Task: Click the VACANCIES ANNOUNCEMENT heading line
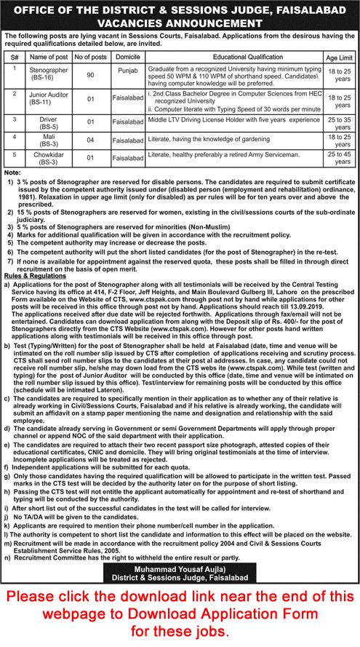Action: point(180,23)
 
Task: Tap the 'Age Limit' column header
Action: point(339,56)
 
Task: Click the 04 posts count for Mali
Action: point(91,140)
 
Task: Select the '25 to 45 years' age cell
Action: point(339,158)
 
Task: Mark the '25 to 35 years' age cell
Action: point(339,122)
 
